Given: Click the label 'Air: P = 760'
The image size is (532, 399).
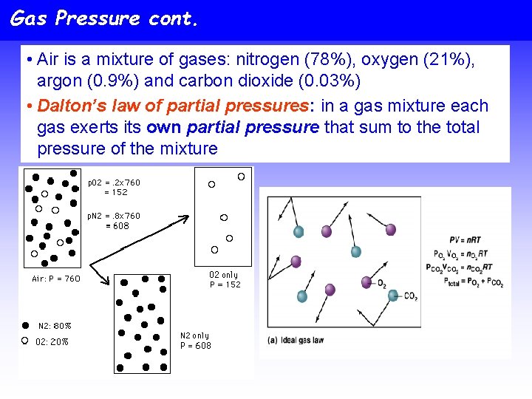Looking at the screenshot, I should click(x=56, y=279).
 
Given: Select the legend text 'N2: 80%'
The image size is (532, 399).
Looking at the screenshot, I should click(x=55, y=326).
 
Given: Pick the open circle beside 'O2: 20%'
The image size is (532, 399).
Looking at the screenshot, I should click(x=25, y=341).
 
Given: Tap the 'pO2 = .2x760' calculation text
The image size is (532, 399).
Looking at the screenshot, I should click(x=114, y=183).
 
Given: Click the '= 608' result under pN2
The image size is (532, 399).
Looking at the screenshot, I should click(x=117, y=226).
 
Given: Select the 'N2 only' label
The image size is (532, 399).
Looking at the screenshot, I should click(x=195, y=335).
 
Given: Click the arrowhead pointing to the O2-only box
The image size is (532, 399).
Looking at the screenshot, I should click(x=185, y=217).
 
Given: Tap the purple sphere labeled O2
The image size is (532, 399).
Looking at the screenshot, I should click(x=366, y=282).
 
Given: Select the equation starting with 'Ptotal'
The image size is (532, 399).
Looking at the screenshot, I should click(x=463, y=281).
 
